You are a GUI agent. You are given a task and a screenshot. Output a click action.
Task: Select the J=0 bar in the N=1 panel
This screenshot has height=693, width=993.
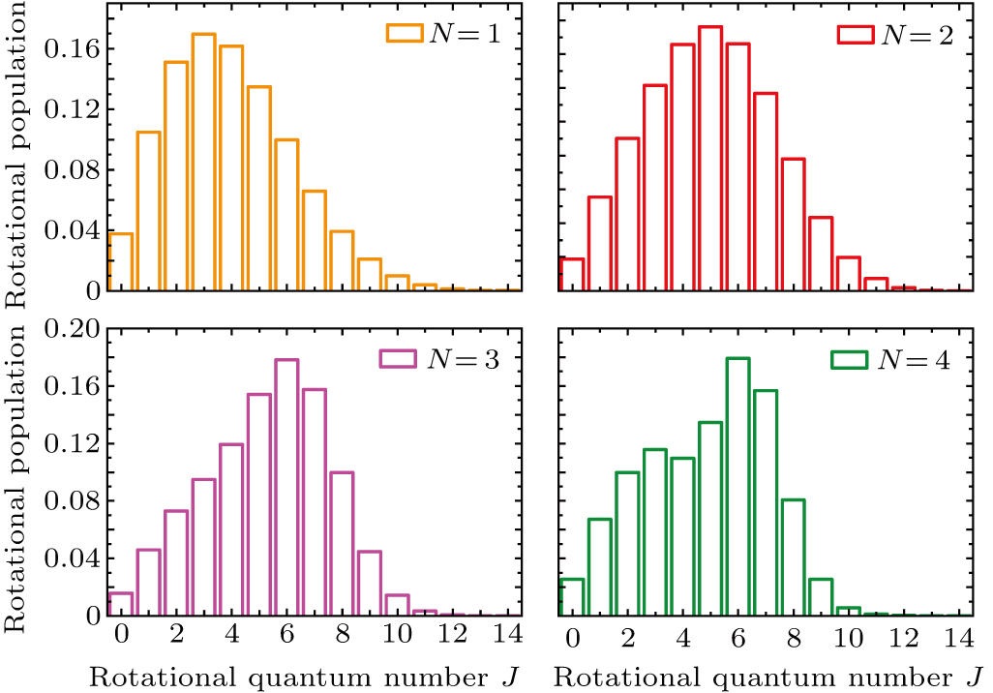point(121,261)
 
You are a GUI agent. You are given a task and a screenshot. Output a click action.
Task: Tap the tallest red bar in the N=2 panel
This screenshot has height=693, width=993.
point(710,159)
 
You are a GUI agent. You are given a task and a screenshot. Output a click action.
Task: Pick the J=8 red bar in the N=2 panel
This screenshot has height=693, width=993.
point(793,224)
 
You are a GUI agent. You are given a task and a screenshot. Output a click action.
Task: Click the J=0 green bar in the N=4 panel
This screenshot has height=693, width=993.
point(572,596)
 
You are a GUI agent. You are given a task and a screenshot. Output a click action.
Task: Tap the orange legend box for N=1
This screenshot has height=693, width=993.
point(405,33)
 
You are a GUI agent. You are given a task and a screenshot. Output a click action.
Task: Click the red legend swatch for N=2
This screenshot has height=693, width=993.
point(856,35)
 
